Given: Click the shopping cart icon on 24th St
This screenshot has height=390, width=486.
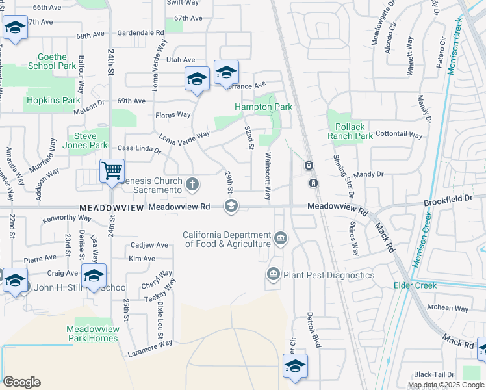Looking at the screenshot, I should [x=112, y=171].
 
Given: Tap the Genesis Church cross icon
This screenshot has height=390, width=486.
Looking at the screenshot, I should [x=192, y=185].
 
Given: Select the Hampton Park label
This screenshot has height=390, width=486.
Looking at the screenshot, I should [x=263, y=107].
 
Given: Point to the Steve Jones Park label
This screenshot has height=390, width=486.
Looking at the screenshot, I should [x=90, y=140].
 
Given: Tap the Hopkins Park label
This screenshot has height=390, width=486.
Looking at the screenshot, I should [x=53, y=101].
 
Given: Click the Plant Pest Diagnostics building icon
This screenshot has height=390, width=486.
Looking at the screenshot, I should [x=273, y=275].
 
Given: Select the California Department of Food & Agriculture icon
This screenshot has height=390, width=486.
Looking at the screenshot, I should [x=280, y=239].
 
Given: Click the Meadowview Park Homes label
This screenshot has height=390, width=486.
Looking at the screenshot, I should [x=92, y=333].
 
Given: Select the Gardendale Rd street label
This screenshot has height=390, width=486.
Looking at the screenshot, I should [x=142, y=32].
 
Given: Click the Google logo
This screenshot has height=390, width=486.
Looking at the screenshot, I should [x=21, y=382].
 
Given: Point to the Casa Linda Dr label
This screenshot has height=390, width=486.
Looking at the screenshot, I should [x=138, y=149].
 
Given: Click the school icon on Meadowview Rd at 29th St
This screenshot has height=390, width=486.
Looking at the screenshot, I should [x=231, y=207].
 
